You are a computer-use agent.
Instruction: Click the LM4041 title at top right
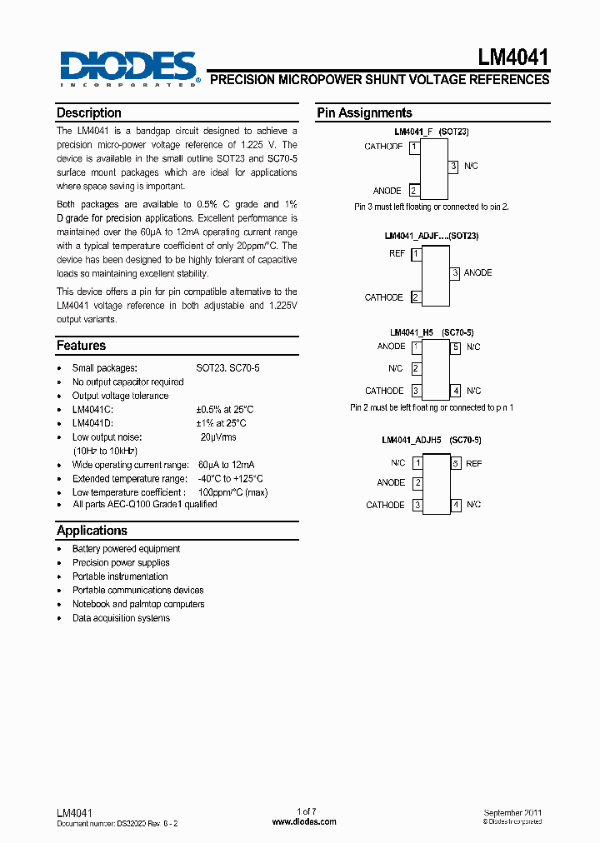pos(512,57)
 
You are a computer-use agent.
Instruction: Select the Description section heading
pos(88,113)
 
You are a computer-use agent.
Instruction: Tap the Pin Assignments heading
pos(364,113)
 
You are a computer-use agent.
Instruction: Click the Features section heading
pos(81,346)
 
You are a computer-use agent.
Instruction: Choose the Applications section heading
pos(92,531)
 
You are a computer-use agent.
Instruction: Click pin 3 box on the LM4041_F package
pos(454,167)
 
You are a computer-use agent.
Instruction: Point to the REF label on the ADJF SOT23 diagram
pos(397,253)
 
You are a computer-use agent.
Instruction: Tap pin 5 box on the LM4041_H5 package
pos(456,347)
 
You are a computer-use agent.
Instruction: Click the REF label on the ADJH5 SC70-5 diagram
pos(474,463)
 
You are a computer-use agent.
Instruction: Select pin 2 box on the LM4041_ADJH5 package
pos(417,483)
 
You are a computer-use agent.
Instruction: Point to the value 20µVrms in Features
pos(217,437)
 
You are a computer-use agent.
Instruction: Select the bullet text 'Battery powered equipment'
pos(126,549)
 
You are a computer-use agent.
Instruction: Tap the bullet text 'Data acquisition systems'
pos(121,618)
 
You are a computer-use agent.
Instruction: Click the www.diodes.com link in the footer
pos(304,821)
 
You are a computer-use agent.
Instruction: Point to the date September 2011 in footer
pos(515,812)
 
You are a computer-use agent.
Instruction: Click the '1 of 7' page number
pos(307,811)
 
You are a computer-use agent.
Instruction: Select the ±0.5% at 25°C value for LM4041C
pos(225,410)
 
